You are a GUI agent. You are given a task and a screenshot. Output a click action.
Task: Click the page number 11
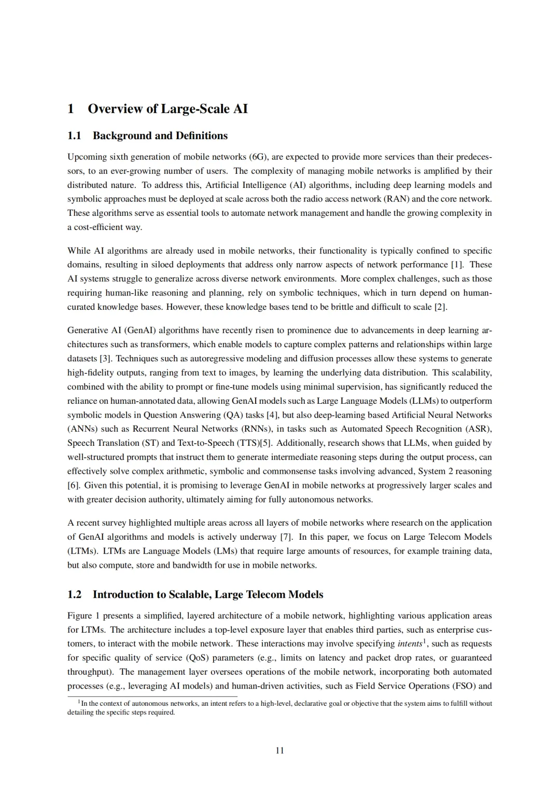click(279, 750)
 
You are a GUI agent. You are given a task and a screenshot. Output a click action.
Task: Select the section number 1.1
click(75, 136)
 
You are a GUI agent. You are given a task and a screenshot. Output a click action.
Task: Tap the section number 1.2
click(75, 595)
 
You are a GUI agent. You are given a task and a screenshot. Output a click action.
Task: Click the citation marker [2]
click(440, 307)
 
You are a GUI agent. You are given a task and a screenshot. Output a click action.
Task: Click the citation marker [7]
click(286, 537)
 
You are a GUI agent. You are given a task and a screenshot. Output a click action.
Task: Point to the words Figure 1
click(83, 616)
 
